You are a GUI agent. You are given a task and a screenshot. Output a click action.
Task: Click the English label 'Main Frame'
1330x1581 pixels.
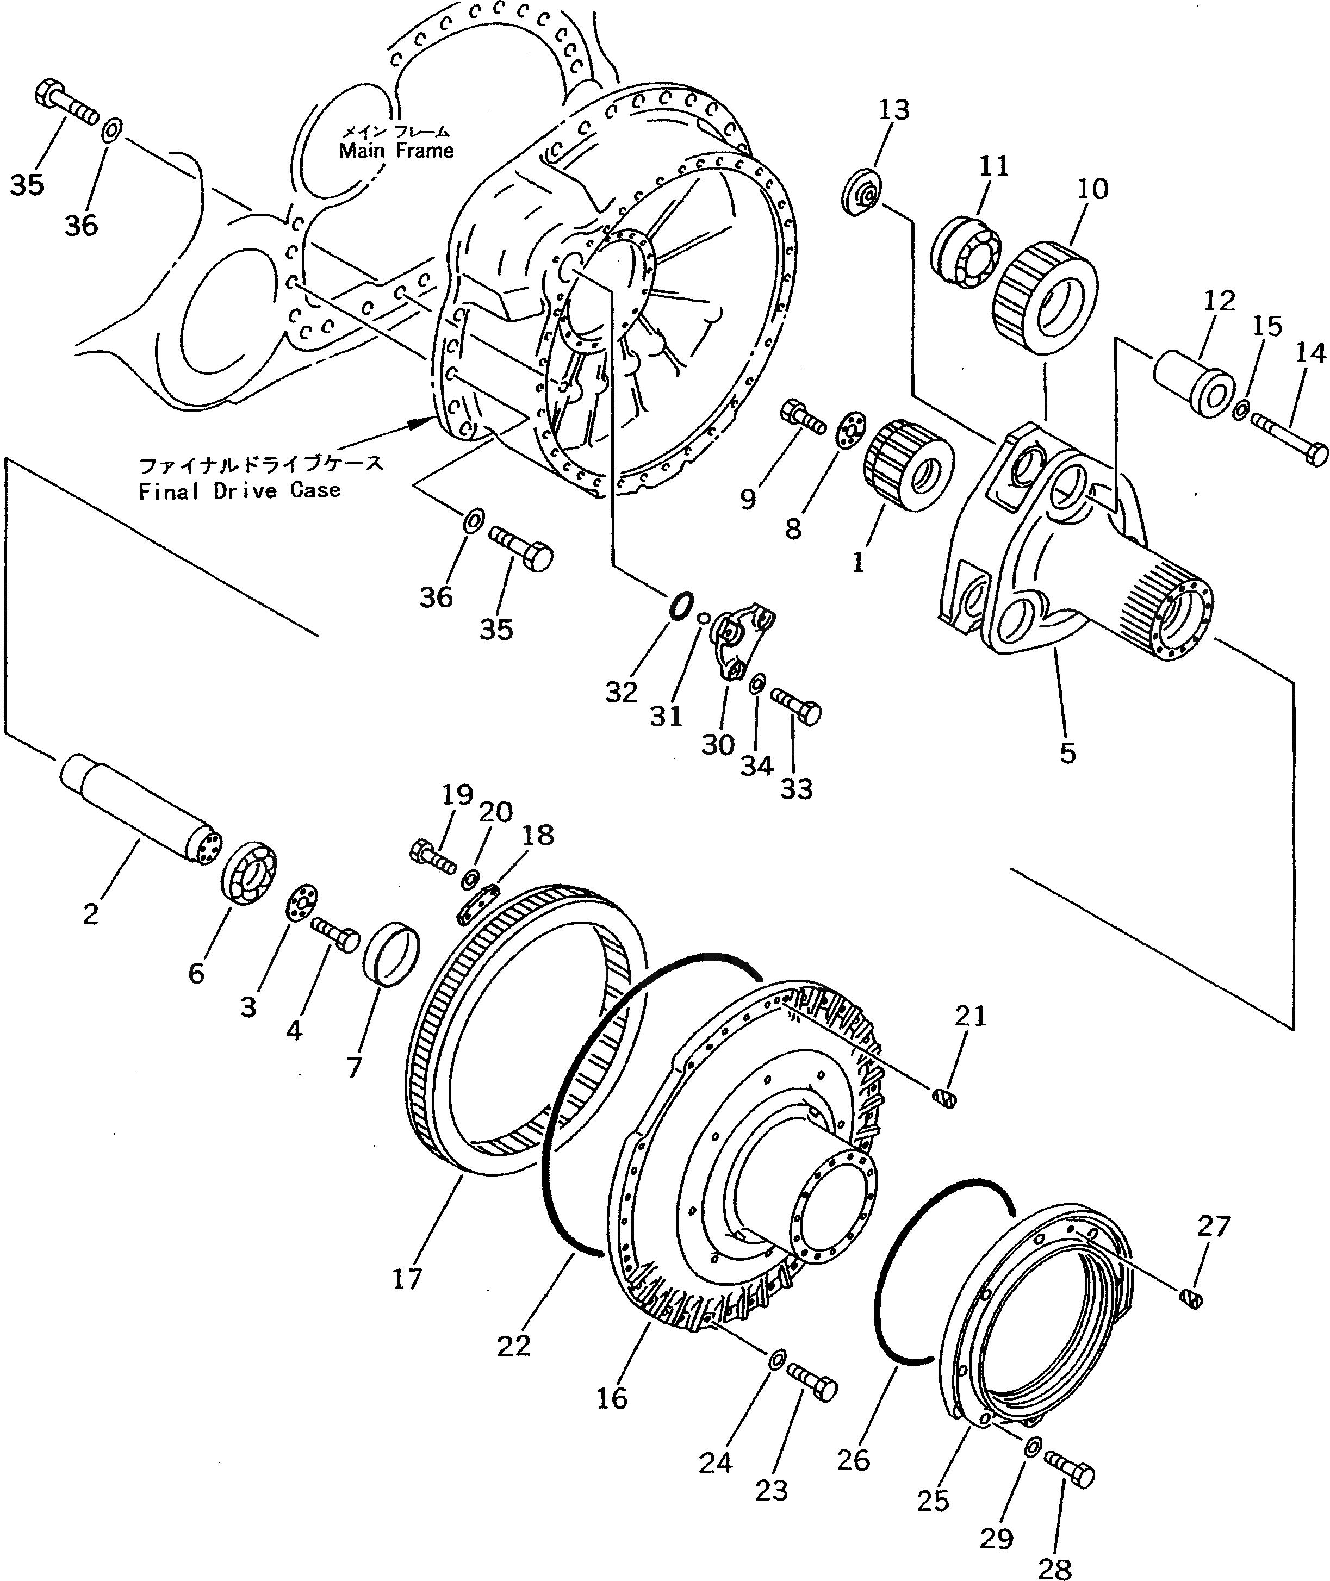[396, 151]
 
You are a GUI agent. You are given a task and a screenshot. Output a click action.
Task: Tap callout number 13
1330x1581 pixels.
[894, 110]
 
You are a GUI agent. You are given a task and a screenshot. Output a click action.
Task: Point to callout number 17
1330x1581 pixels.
[407, 1279]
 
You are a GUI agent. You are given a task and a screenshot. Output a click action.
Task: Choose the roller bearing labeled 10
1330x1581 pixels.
[1046, 297]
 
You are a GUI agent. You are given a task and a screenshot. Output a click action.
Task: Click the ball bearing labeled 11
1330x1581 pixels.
[966, 250]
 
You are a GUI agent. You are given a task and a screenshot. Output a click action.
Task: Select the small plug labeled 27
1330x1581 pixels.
[1190, 1298]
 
